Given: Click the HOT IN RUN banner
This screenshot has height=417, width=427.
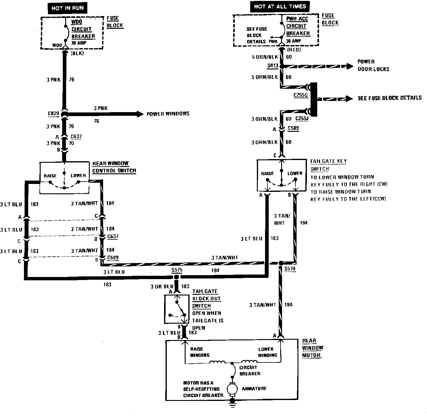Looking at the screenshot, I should (67, 8).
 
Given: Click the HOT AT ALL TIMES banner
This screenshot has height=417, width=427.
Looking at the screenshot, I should (280, 6).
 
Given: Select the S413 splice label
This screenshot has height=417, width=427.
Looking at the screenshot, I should (273, 65).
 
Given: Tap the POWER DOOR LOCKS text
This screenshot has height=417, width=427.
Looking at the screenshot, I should (373, 65).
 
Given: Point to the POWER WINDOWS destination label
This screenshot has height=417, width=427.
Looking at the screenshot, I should (168, 114).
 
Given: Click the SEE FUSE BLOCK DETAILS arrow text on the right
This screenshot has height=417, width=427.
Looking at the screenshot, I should (389, 98).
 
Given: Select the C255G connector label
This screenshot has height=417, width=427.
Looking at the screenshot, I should (301, 95).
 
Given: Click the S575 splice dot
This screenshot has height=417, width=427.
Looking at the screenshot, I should (177, 277).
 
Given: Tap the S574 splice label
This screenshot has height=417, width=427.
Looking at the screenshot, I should (290, 269).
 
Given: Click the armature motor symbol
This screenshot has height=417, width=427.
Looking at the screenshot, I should (233, 389).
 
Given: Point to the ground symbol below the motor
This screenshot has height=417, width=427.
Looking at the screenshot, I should (233, 401).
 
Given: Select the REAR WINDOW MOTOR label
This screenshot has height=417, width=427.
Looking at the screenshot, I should (312, 348).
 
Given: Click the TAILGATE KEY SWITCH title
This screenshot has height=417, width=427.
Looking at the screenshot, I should (328, 165).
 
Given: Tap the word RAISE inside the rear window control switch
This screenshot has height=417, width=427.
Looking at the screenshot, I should (50, 176).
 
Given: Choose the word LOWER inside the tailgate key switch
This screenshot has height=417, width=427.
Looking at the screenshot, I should (295, 173).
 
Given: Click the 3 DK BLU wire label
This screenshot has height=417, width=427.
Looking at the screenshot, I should (162, 286).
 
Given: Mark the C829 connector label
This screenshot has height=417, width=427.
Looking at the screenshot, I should (53, 114).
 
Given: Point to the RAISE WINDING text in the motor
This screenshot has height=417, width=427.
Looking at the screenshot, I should (199, 352).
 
